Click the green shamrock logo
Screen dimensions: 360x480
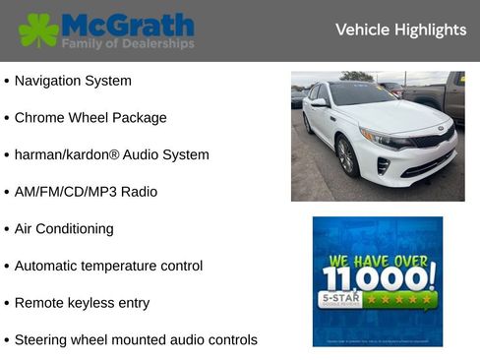coord(38,30)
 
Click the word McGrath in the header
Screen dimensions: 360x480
coord(128,24)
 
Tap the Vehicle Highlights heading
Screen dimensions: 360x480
coord(400,30)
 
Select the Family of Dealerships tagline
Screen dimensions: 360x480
coord(128,44)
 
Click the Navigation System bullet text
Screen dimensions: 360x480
coord(73,81)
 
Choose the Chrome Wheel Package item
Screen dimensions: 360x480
coord(90,118)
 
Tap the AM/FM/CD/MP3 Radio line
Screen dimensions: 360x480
coord(86,192)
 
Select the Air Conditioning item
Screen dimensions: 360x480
coord(64,229)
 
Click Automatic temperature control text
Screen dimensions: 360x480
coord(108,266)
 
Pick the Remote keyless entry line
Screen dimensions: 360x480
coord(82,303)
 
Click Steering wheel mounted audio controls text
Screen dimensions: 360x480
coord(136,340)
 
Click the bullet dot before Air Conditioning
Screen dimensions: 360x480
coord(7,229)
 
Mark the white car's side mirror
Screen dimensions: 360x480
coord(320,101)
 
